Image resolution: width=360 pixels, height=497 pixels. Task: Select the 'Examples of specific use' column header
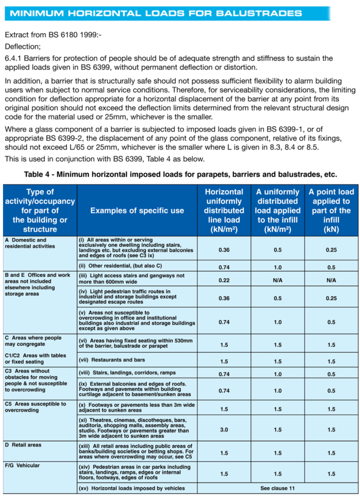137,211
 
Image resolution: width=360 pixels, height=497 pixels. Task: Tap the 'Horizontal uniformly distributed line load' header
223,211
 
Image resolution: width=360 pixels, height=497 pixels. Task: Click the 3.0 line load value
223,430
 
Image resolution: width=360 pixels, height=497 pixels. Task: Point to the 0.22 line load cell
223,280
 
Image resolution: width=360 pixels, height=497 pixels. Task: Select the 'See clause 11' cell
277,488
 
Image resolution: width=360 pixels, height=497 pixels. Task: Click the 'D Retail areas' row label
23,445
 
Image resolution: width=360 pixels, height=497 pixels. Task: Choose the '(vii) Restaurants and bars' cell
111,360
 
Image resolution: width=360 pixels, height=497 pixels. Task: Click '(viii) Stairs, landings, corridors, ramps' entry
127,373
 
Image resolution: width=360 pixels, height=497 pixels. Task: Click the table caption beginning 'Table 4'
180,174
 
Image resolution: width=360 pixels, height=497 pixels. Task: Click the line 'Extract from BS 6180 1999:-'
53,35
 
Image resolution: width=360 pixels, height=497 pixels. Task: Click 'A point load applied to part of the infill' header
331,211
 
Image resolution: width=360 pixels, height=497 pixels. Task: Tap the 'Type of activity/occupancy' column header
40,211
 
